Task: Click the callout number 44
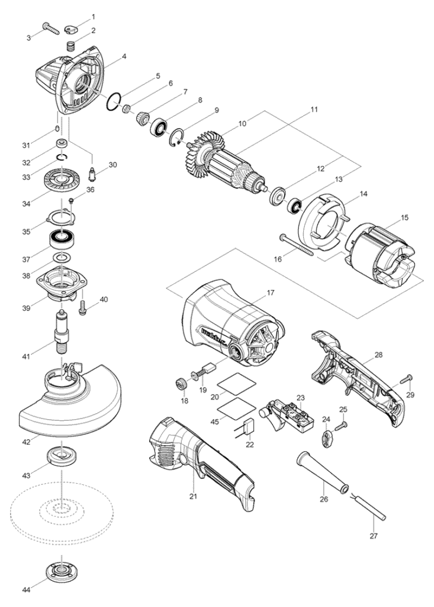pos(27,590)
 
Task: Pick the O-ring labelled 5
pos(114,102)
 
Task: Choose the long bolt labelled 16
pos(297,244)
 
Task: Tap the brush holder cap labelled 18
pos(181,384)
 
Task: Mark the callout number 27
pos(373,536)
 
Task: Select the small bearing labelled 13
pos(294,205)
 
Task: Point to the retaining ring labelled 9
pos(176,138)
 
